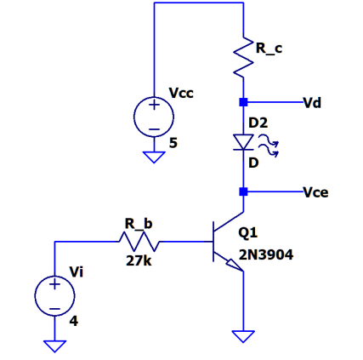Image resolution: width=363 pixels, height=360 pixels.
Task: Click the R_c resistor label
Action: (269, 50)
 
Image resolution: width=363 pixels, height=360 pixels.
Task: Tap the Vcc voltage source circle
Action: (154, 117)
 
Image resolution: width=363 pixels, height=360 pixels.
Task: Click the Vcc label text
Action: (181, 92)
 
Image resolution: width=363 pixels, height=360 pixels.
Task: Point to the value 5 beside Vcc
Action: (173, 143)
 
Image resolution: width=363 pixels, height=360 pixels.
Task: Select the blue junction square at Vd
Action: (243, 103)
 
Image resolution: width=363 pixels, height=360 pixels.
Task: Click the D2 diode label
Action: (258, 123)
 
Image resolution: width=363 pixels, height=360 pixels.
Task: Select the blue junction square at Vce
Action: (243, 191)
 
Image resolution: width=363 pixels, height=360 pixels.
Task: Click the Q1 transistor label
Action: (248, 231)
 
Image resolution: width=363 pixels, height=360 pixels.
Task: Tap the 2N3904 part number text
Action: (266, 254)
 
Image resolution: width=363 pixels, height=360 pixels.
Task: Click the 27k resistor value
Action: (139, 261)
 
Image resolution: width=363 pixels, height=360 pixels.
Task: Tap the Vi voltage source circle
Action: (54, 295)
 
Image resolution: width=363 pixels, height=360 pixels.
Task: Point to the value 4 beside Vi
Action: (74, 322)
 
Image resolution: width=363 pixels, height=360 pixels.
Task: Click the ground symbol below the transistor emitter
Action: (243, 336)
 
